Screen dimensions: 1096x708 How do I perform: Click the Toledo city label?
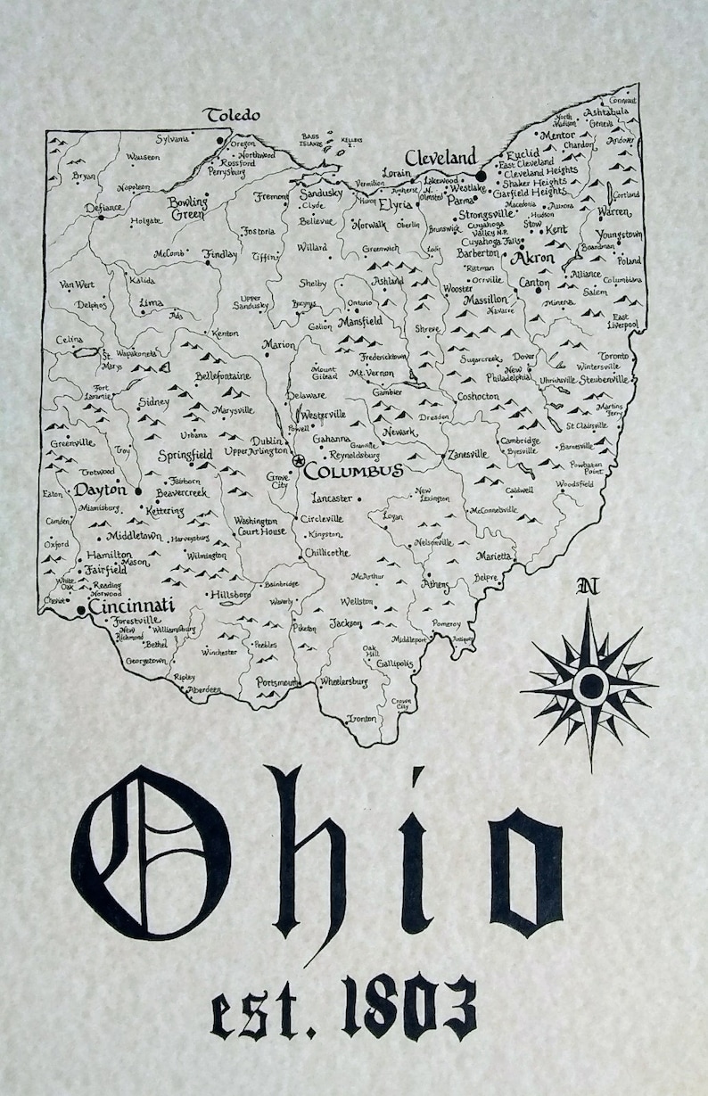tap(233, 115)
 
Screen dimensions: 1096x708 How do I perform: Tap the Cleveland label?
tap(440, 156)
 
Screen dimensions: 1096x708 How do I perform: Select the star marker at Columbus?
tap(297, 460)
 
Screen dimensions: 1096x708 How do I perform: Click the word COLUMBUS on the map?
tap(353, 470)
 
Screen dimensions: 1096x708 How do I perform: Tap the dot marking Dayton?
tap(138, 490)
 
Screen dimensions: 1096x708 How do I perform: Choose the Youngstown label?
tap(619, 234)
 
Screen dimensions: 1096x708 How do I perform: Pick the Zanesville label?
tap(468, 453)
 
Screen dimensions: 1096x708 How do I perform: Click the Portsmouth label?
tap(278, 682)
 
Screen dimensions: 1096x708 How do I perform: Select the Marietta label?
tap(493, 556)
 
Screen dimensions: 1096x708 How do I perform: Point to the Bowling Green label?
tap(187, 207)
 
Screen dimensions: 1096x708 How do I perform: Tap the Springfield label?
tap(185, 455)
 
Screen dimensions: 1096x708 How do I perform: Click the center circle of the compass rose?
tap(589, 685)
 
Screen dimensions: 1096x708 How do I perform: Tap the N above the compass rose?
tap(587, 586)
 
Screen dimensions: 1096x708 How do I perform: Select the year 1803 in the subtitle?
tap(409, 1008)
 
